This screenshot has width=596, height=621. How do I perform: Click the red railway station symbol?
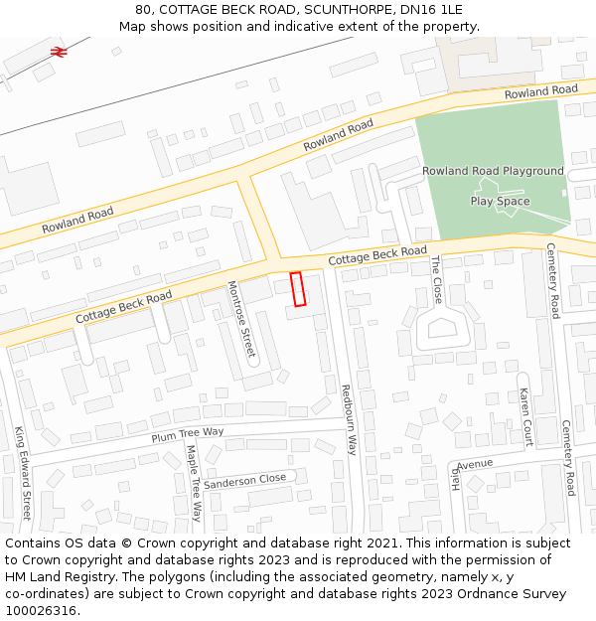click(59, 50)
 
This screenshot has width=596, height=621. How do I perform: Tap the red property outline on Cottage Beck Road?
click(296, 288)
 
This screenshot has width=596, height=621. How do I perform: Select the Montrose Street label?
click(241, 319)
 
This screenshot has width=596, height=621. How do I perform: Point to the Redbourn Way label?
click(349, 419)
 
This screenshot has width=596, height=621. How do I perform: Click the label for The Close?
click(436, 279)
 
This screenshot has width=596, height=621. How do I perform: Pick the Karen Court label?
click(526, 417)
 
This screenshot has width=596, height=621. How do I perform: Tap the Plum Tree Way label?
click(188, 433)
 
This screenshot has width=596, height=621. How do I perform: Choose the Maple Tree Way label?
click(195, 483)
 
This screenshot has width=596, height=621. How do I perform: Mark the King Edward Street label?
click(24, 473)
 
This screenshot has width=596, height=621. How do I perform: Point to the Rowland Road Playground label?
click(492, 171)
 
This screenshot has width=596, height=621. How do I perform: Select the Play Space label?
click(500, 202)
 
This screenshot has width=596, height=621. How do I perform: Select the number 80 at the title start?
click(143, 10)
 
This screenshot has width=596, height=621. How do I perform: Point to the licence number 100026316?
click(42, 611)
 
